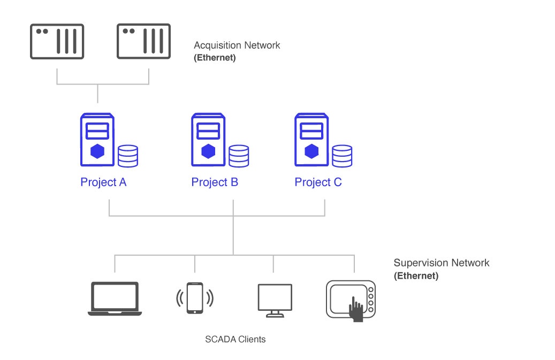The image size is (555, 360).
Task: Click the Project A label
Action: point(103,182)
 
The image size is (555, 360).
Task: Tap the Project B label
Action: point(215,182)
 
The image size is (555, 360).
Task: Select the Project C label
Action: point(318,182)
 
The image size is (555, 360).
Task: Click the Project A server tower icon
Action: point(97,140)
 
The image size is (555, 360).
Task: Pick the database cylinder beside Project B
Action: point(239,156)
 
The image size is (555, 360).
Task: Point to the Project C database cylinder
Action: point(342,156)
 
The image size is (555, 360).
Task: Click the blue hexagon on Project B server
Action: point(208,151)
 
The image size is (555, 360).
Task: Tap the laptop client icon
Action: point(115,298)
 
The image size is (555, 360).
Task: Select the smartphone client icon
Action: point(194,298)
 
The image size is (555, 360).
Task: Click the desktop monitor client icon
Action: point(275,300)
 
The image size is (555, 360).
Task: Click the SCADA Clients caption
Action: point(235,339)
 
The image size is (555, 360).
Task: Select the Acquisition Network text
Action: point(237,45)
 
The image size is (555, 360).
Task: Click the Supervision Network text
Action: point(442,263)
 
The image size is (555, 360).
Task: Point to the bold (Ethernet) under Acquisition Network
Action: point(214,58)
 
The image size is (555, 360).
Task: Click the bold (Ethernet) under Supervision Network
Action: point(416,276)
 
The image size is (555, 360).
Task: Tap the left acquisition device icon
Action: point(57,42)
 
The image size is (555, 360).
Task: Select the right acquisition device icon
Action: point(143,42)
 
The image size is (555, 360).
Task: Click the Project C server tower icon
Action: point(311,140)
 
